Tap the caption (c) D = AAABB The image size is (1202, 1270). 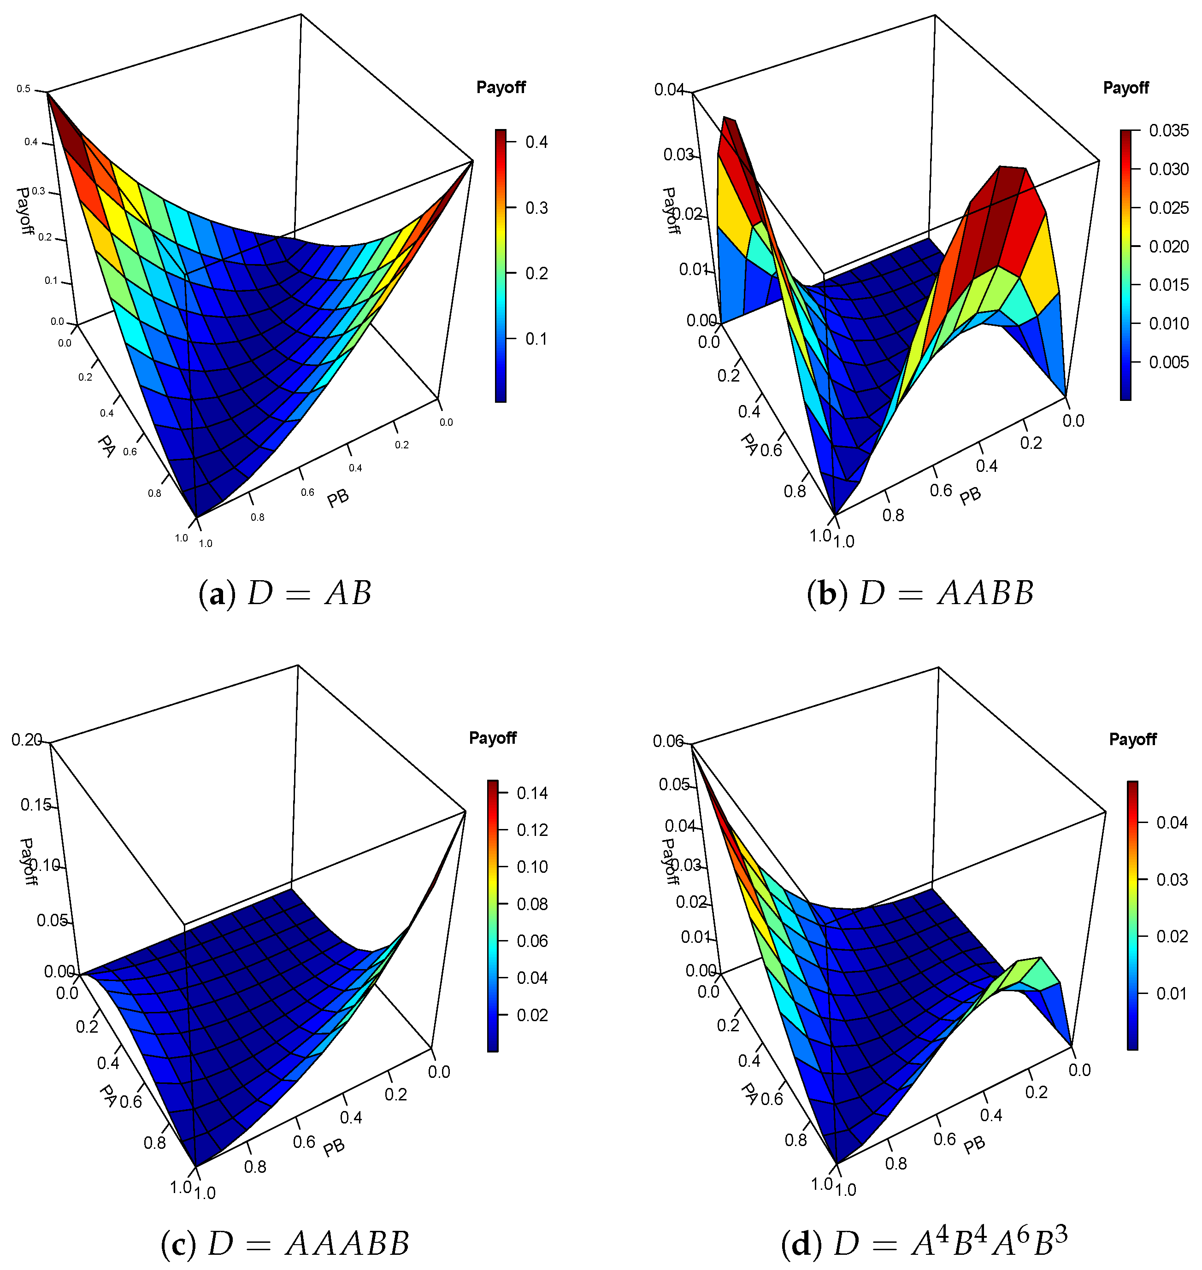[285, 1244]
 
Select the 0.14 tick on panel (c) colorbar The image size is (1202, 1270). [532, 793]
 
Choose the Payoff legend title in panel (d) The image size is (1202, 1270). [1132, 739]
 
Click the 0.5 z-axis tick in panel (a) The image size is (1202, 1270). [24, 89]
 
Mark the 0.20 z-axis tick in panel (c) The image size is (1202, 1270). [26, 740]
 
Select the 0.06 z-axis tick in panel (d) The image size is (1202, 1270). [668, 741]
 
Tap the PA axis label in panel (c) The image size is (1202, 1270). [108, 1095]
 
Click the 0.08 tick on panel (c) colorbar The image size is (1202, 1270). [532, 904]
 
